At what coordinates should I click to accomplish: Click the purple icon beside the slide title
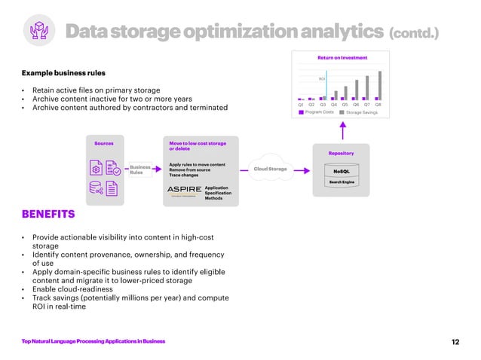click(38, 31)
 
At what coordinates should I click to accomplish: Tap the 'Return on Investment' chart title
click(342, 57)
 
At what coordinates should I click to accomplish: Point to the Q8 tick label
click(378, 105)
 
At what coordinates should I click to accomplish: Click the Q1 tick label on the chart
click(301, 105)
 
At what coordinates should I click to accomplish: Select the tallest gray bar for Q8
click(380, 85)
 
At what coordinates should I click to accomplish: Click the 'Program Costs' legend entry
click(319, 112)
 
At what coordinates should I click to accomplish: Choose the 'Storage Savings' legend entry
click(361, 112)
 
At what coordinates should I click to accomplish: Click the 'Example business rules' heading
click(63, 73)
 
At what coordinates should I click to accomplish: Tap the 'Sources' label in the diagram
click(104, 142)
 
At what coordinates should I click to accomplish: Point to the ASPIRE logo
click(184, 189)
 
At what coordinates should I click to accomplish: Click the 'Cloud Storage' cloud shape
click(271, 169)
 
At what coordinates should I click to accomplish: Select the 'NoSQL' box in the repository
click(342, 171)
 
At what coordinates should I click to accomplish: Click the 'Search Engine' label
click(342, 182)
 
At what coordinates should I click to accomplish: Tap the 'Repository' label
click(341, 153)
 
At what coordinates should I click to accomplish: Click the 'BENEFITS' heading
click(48, 215)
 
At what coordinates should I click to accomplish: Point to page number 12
click(455, 342)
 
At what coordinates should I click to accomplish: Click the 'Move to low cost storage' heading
click(198, 142)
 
